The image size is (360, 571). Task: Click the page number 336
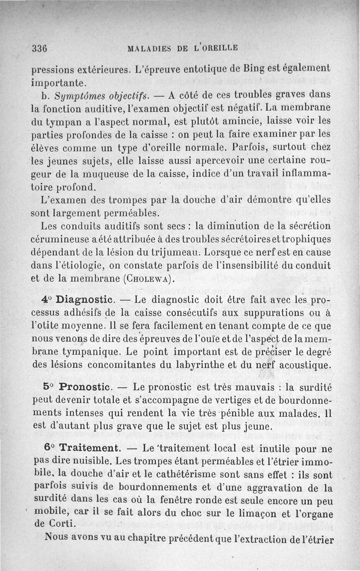click(40, 49)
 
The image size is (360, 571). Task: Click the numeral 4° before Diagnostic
click(47, 300)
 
